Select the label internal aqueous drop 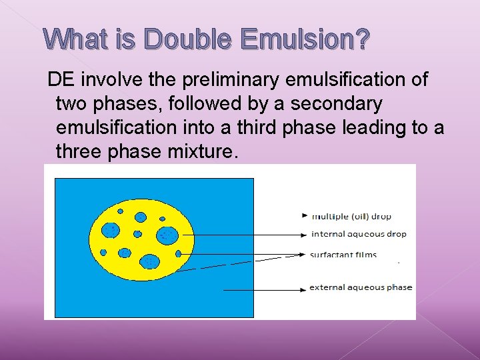359,234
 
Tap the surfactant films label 343,255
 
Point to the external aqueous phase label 361,288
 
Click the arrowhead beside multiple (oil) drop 305,216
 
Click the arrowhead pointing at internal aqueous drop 305,235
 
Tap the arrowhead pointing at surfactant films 304,255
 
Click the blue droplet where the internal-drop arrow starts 167,235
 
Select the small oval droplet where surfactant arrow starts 178,253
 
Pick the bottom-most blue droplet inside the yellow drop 150,261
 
